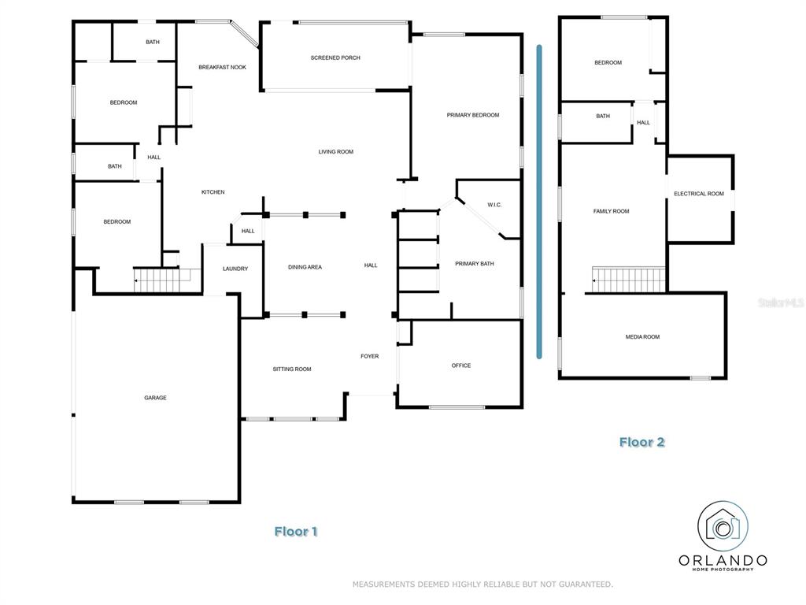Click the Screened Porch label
point(335,58)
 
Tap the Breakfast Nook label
point(222,68)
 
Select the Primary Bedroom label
point(473,115)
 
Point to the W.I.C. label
point(494,205)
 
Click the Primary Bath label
point(475,263)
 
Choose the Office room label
point(461,366)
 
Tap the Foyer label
point(370,356)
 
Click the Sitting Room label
point(292,369)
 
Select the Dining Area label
point(305,267)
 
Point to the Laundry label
point(235,269)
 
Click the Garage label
point(155,398)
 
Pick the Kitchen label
point(213,192)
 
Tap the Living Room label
point(335,152)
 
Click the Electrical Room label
point(699,194)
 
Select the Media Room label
point(642,337)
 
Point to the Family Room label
point(611,211)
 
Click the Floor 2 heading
point(642,442)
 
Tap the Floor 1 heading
point(296,532)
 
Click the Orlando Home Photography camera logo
point(723,526)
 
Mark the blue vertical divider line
point(539,202)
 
